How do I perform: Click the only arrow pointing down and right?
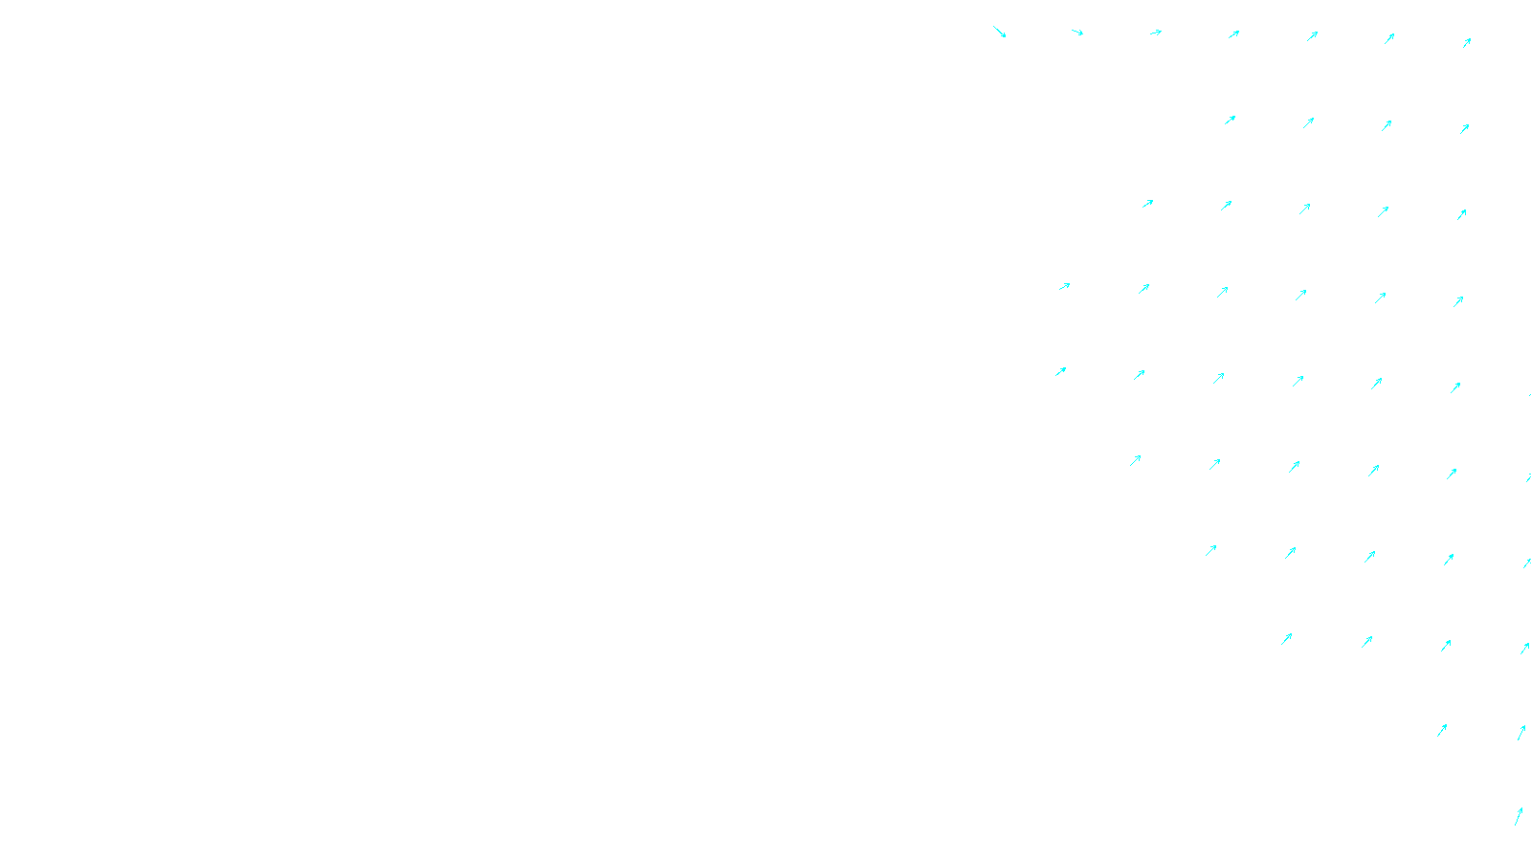click(x=999, y=32)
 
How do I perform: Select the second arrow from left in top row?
click(x=1077, y=33)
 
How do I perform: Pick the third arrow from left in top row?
click(x=1156, y=33)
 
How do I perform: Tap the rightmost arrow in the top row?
click(x=1467, y=42)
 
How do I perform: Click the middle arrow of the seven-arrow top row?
click(x=1233, y=34)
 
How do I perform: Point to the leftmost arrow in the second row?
click(x=1230, y=121)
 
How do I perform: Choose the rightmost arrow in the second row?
click(x=1464, y=128)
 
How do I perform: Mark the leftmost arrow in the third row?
click(x=1147, y=204)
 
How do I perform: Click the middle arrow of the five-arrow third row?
click(x=1304, y=209)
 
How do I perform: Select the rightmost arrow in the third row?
click(x=1461, y=215)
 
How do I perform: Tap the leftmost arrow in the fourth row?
click(x=1064, y=286)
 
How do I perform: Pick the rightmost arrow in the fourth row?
click(x=1458, y=301)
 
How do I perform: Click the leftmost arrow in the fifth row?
click(x=1060, y=371)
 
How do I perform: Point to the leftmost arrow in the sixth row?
click(x=1135, y=460)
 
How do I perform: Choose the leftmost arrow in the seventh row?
click(x=1210, y=550)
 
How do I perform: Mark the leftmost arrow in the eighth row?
click(x=1286, y=639)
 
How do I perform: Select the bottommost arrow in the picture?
click(x=1518, y=816)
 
